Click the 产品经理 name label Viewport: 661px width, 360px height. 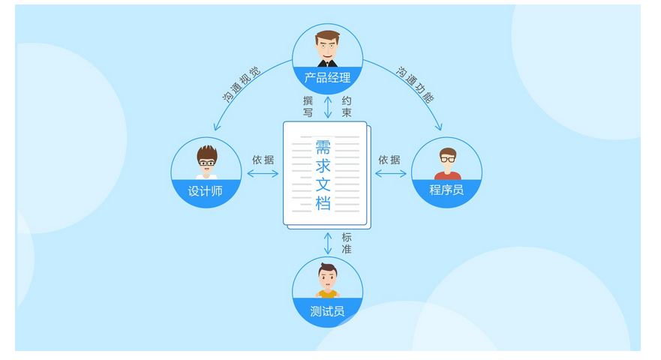tap(327, 78)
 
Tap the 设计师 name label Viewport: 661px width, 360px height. tap(206, 190)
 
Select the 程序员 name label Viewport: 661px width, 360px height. tap(446, 190)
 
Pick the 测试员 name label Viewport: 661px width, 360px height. tap(327, 310)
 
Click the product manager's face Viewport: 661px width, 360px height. tap(327, 46)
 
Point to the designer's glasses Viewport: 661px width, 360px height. tap(206, 161)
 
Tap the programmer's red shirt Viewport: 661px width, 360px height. tap(447, 175)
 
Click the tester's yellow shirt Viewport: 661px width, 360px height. tap(327, 294)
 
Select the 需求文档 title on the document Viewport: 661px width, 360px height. tap(323, 174)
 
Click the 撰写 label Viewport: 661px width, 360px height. tap(308, 106)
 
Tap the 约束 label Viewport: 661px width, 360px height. tap(347, 106)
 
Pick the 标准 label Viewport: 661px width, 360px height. tap(347, 243)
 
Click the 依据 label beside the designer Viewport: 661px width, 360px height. tap(263, 160)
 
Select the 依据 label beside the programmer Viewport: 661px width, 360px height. tap(389, 160)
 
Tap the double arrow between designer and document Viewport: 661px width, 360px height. tap(263, 174)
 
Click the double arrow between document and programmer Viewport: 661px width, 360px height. tap(390, 174)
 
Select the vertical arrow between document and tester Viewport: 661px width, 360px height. tap(328, 243)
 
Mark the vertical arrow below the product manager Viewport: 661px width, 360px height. tap(328, 107)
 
